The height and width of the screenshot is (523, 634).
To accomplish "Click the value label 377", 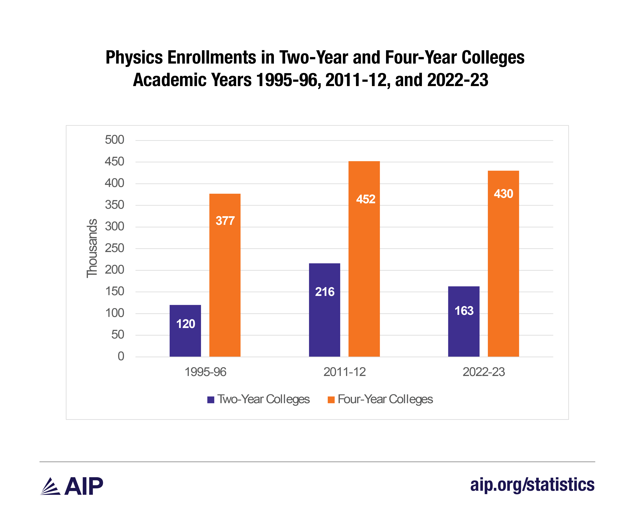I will pos(225,221).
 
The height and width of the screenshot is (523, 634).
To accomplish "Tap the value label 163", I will pos(464,311).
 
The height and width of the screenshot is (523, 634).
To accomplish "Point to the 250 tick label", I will pos(114,248).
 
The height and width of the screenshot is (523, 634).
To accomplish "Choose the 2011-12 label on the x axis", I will pos(344,372).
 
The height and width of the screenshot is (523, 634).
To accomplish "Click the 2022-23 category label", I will pos(483,372).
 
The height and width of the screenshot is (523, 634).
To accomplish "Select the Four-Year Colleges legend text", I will pos(385,399).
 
